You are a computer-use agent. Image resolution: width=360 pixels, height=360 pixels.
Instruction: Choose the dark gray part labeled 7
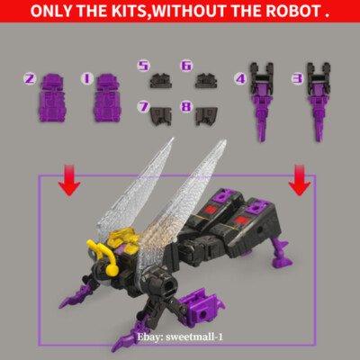click(166, 113)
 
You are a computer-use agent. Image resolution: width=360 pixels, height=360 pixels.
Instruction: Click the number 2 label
click(30, 79)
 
